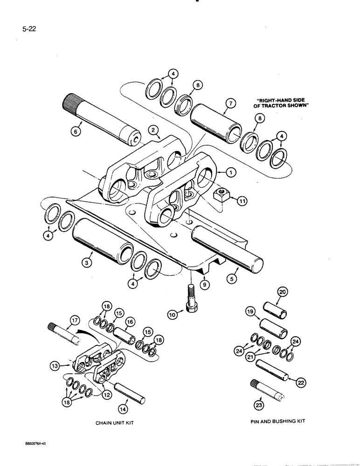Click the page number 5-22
tap(29, 28)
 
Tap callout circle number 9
tap(204, 282)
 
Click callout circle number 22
tap(294, 381)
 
